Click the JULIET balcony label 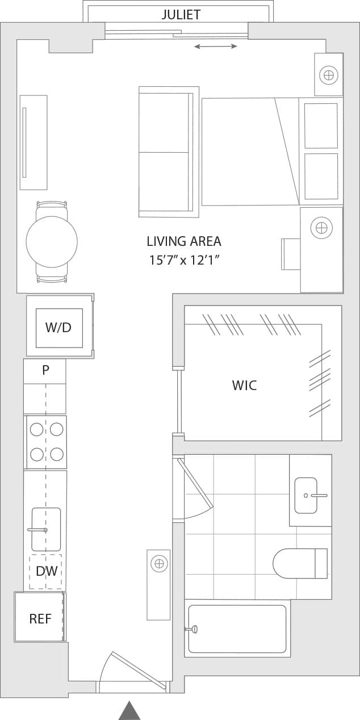tap(181, 15)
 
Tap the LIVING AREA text tap(183, 241)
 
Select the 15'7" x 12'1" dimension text tap(184, 261)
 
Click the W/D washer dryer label tap(58, 328)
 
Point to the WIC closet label tap(244, 386)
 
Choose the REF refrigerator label tap(40, 619)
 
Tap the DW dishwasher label tap(47, 571)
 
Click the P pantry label tap(45, 370)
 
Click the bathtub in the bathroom tap(237, 629)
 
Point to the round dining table tap(52, 242)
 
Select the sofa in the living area tap(168, 152)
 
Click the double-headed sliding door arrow tap(216, 46)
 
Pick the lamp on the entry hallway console tap(159, 564)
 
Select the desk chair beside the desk tap(290, 254)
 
